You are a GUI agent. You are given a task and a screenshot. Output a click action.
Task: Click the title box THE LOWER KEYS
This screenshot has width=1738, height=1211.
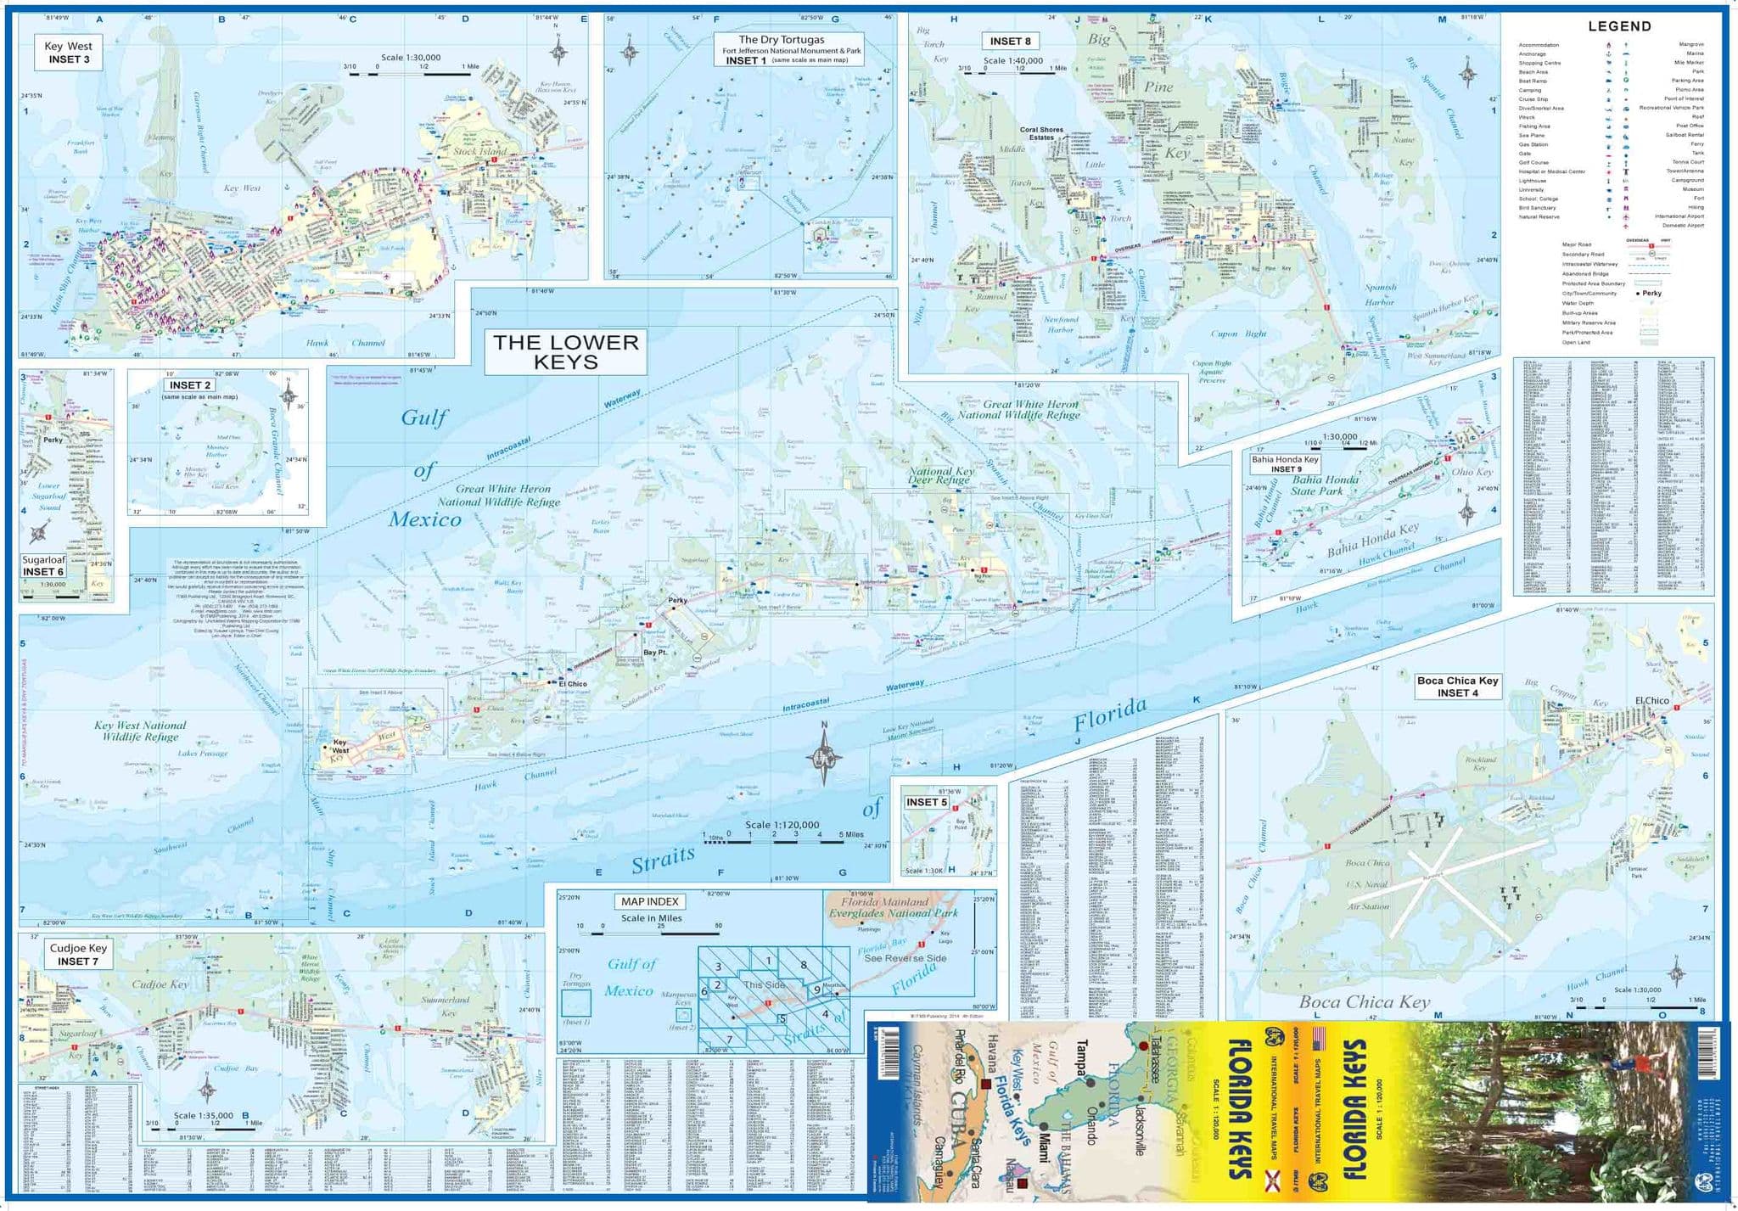tap(565, 352)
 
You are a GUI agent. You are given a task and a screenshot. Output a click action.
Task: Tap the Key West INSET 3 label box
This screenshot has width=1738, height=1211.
tap(69, 53)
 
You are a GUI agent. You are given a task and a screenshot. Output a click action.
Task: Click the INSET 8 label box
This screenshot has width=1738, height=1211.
tap(1010, 41)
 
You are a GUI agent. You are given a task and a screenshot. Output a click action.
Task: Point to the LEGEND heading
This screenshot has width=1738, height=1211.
tap(1619, 26)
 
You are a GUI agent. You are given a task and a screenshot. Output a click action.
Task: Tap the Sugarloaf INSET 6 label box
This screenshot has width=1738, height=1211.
tap(43, 566)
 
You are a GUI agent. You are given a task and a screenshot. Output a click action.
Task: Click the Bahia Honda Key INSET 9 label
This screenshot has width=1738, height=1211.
tap(1285, 463)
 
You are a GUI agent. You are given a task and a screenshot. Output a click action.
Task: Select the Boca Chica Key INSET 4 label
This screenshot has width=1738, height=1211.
tap(1457, 687)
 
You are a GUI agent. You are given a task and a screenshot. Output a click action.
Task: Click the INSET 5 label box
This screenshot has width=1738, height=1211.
tap(926, 802)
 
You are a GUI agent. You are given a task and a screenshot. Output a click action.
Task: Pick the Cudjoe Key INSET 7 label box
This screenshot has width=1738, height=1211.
tap(78, 955)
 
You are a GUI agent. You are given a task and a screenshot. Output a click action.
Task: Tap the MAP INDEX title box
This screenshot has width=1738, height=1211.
tap(649, 901)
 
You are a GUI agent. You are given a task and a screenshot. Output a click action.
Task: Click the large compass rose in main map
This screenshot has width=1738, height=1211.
tap(823, 757)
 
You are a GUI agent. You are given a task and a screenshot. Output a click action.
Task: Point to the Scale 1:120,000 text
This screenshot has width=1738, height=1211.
tap(782, 825)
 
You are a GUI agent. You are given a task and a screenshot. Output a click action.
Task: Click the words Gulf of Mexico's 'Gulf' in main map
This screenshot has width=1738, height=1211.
tap(423, 418)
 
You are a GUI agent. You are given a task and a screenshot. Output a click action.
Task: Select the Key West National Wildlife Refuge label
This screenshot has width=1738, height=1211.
tap(140, 731)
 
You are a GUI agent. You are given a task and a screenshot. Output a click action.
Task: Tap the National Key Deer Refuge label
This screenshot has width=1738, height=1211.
tap(941, 475)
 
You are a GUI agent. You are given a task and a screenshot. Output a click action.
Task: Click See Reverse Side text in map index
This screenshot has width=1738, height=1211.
tap(905, 958)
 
